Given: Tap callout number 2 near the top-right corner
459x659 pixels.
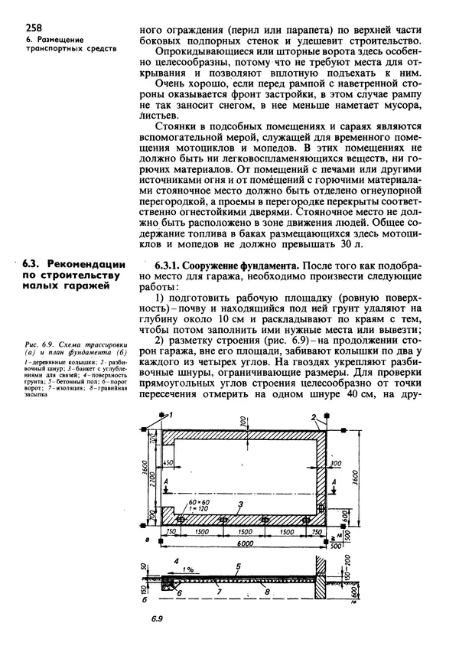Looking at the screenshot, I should tap(314, 415).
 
